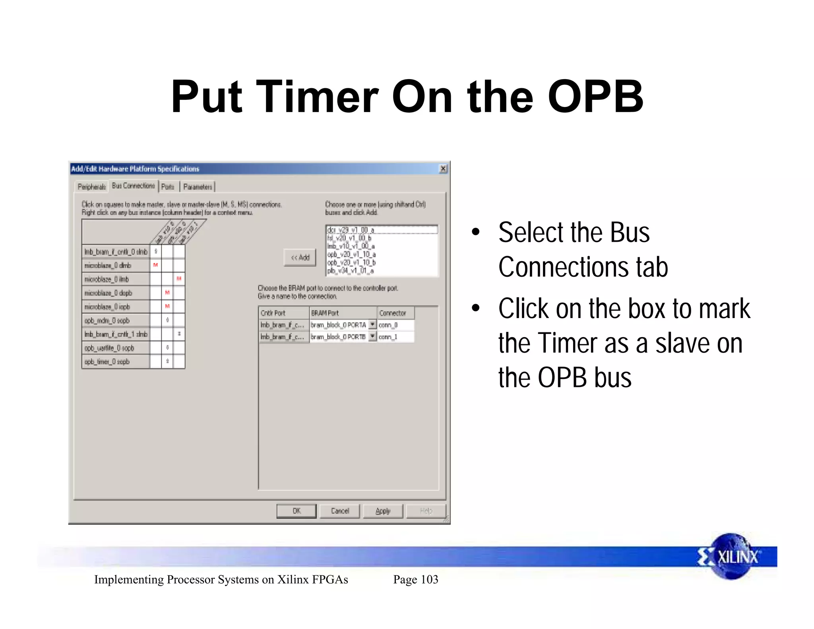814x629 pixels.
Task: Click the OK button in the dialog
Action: point(297,511)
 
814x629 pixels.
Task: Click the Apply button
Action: point(383,511)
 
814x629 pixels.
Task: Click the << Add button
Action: point(300,257)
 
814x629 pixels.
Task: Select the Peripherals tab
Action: point(91,186)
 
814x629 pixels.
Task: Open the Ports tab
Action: point(168,186)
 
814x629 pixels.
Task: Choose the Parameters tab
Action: point(198,186)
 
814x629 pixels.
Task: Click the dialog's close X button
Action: point(443,169)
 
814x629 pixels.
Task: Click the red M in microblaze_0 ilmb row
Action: point(179,279)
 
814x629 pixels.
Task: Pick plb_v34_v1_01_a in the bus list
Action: point(350,271)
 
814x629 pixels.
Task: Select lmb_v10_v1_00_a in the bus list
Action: point(350,246)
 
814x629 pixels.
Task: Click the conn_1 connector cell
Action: point(395,337)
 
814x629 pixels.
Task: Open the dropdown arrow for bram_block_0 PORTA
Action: point(372,324)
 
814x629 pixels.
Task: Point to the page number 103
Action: point(429,579)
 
